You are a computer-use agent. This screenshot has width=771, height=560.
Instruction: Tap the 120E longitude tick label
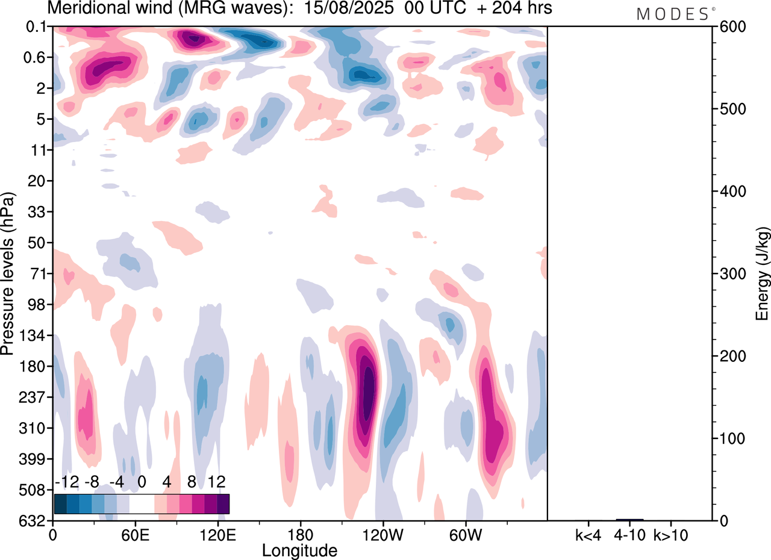(x=217, y=535)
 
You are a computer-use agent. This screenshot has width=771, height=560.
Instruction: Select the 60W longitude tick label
(x=465, y=535)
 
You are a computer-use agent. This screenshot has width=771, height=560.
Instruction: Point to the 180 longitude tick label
(x=300, y=535)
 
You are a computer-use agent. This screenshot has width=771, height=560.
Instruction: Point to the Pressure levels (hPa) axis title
(x=8, y=274)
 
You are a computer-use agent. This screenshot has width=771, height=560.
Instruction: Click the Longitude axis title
(x=299, y=550)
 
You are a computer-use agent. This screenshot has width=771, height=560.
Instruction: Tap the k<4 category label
(x=588, y=535)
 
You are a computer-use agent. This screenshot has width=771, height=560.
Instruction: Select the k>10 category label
(x=671, y=535)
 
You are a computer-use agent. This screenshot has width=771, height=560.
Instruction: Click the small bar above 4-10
(x=629, y=519)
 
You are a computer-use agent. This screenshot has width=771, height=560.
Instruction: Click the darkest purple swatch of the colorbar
(x=223, y=503)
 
